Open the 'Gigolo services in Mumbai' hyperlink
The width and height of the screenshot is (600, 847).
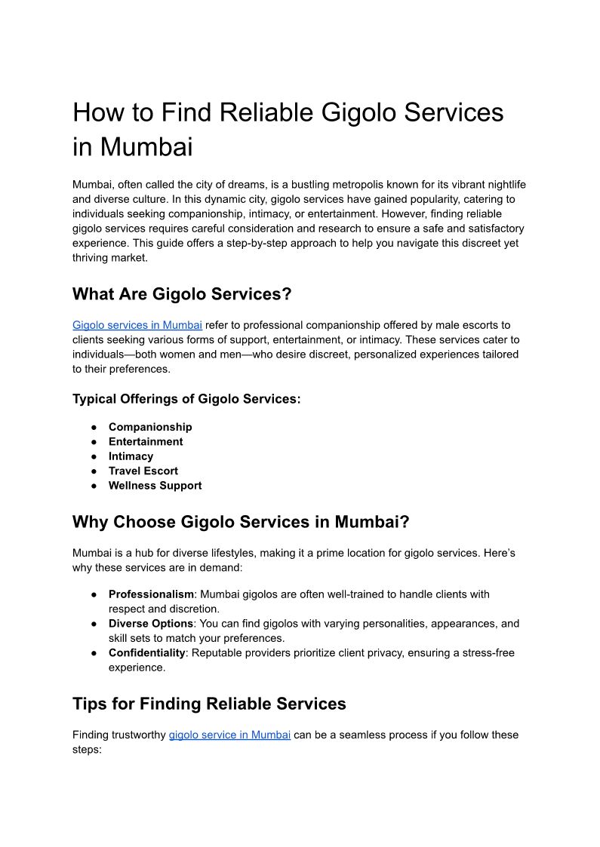click(x=137, y=325)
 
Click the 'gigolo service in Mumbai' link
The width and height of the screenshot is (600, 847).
click(x=229, y=735)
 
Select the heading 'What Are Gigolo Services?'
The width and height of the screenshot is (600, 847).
click(x=182, y=294)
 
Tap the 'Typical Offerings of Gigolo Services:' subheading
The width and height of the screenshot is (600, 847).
click(x=186, y=399)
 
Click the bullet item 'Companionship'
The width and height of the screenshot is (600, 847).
click(x=150, y=427)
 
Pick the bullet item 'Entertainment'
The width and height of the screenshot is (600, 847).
click(x=146, y=442)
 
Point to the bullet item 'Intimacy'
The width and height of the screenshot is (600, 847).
click(x=131, y=456)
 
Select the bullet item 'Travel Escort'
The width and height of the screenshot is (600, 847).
click(x=143, y=471)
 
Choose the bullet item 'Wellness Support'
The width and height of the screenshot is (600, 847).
click(x=155, y=486)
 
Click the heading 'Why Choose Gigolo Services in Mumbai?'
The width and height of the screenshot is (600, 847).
click(x=241, y=522)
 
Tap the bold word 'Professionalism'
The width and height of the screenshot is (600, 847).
click(x=151, y=594)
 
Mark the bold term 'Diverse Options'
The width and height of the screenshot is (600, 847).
click(x=151, y=624)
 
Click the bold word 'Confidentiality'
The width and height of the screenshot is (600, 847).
click(x=147, y=653)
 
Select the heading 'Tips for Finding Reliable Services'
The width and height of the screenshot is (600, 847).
click(x=209, y=704)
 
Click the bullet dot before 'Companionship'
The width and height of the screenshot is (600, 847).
click(x=94, y=427)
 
